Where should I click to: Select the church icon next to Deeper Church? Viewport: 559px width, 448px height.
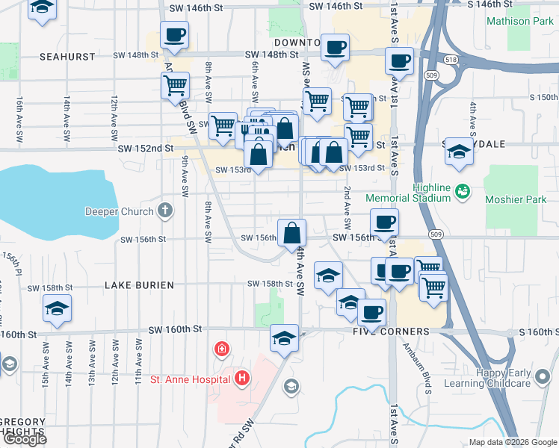click(x=166, y=211)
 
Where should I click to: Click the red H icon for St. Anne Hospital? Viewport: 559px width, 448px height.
click(x=241, y=379)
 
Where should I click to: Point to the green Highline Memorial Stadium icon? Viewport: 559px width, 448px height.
click(x=463, y=191)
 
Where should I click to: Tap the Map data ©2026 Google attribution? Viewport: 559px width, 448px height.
click(x=512, y=442)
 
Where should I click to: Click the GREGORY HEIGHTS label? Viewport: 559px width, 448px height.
click(x=22, y=426)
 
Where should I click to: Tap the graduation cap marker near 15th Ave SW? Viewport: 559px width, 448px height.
click(x=57, y=308)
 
